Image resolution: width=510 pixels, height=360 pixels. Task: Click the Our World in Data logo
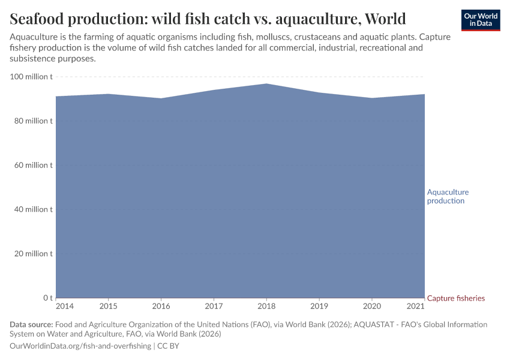pyautogui.click(x=481, y=20)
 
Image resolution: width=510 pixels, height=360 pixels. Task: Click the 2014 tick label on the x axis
pyautogui.click(x=64, y=307)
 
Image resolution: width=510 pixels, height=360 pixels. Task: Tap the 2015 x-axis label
pyautogui.click(x=108, y=307)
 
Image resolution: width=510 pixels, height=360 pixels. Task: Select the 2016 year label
pyautogui.click(x=161, y=307)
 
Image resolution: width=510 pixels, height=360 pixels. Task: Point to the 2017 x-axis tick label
pyautogui.click(x=214, y=307)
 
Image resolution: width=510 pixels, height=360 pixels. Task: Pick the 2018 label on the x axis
pyautogui.click(x=266, y=307)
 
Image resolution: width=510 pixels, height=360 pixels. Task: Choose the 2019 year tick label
pyautogui.click(x=319, y=307)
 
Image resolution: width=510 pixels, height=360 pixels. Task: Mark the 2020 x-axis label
pyautogui.click(x=372, y=307)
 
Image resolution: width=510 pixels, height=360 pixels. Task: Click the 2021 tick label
pyautogui.click(x=416, y=307)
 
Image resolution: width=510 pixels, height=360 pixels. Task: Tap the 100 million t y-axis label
pyautogui.click(x=31, y=77)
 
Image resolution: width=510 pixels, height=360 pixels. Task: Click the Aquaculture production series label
pyautogui.click(x=448, y=196)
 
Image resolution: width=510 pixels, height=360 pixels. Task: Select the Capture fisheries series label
pyautogui.click(x=455, y=298)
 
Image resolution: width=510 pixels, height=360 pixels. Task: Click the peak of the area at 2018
pyautogui.click(x=266, y=84)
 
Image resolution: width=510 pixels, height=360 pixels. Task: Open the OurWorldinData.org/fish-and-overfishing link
pyautogui.click(x=81, y=346)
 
